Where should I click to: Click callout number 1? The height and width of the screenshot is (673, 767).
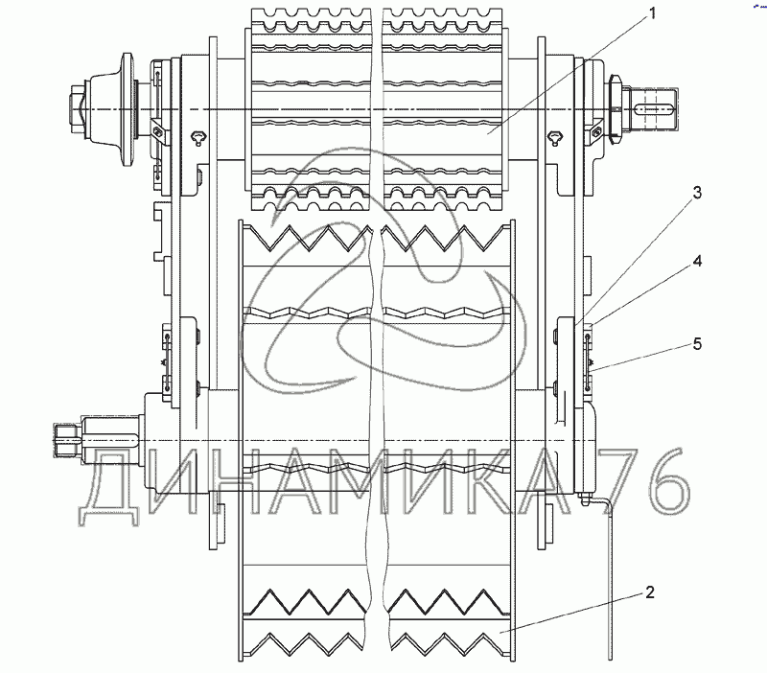[652, 13]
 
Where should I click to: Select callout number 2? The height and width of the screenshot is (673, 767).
[649, 592]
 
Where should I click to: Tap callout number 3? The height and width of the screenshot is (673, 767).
[698, 193]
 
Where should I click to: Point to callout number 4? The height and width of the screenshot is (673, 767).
[698, 261]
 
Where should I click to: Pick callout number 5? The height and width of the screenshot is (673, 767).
[698, 344]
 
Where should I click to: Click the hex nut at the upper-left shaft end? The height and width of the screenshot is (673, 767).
[78, 109]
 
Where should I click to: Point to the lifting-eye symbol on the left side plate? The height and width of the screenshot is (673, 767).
[199, 136]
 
